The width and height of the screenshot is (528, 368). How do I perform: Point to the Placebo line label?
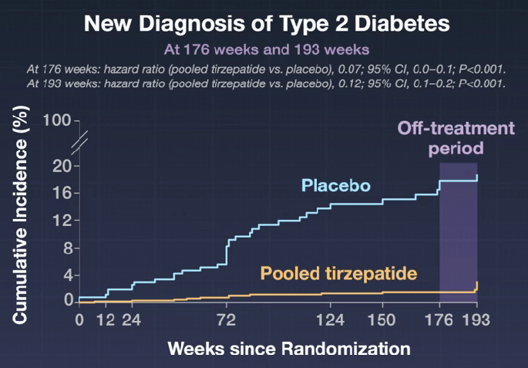click(x=335, y=186)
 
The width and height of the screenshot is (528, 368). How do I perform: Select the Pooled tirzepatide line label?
click(x=338, y=273)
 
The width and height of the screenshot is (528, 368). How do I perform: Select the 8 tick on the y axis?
click(x=66, y=248)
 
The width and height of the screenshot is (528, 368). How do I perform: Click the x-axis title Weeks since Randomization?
click(x=289, y=348)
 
